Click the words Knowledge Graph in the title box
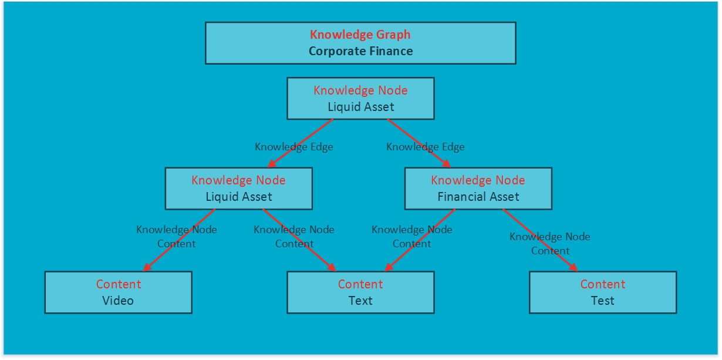pyautogui.click(x=360, y=35)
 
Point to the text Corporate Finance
pyautogui.click(x=360, y=51)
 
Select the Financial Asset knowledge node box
pyautogui.click(x=478, y=189)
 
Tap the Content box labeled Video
pyautogui.click(x=119, y=292)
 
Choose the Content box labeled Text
pyautogui.click(x=360, y=292)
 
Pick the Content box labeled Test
pyautogui.click(x=603, y=292)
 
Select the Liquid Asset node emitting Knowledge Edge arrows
pyautogui.click(x=360, y=99)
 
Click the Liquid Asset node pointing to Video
pyautogui.click(x=238, y=189)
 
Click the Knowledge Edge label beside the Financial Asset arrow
pyautogui.click(x=425, y=147)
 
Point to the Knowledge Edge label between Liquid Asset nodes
pyautogui.click(x=293, y=147)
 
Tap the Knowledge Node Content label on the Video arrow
pyautogui.click(x=176, y=237)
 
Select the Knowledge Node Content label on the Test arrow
pyautogui.click(x=550, y=244)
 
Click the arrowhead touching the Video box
pyautogui.click(x=147, y=268)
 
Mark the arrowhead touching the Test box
pyautogui.click(x=573, y=268)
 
